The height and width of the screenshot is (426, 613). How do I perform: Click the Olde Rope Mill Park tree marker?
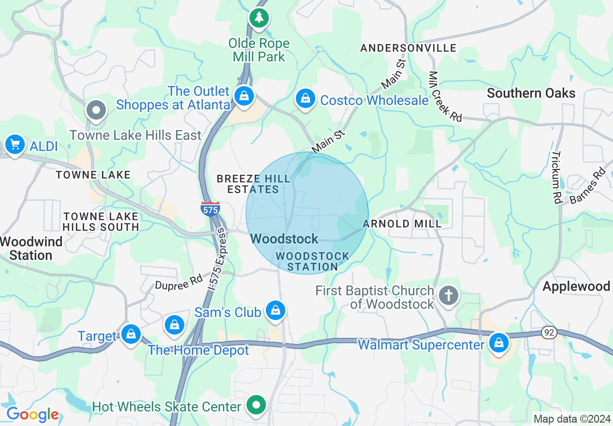click(x=260, y=18)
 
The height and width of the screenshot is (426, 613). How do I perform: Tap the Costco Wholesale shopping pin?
click(x=306, y=99)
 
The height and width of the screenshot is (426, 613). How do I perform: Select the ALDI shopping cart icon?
click(x=15, y=144)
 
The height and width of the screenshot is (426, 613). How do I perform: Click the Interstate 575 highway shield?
click(x=210, y=209)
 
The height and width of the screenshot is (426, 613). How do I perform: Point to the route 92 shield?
click(x=549, y=333)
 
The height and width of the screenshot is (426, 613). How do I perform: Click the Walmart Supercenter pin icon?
click(x=498, y=343)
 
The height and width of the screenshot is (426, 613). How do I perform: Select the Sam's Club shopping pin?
click(x=276, y=310)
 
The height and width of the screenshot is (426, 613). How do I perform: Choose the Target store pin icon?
click(x=131, y=334)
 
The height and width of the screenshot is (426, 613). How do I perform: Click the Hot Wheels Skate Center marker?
click(x=257, y=405)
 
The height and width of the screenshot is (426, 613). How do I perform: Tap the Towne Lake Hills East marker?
click(x=96, y=110)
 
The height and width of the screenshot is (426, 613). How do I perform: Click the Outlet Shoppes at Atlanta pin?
click(x=244, y=96)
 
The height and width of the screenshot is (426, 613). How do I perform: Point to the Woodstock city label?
click(x=284, y=239)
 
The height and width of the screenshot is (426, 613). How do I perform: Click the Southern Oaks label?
click(x=531, y=93)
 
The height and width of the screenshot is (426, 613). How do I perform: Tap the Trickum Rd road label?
click(x=556, y=177)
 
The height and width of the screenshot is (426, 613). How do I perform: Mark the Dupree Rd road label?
click(x=178, y=282)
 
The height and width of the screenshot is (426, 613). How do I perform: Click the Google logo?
click(x=32, y=414)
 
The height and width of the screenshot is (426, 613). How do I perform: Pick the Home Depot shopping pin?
click(x=174, y=325)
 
